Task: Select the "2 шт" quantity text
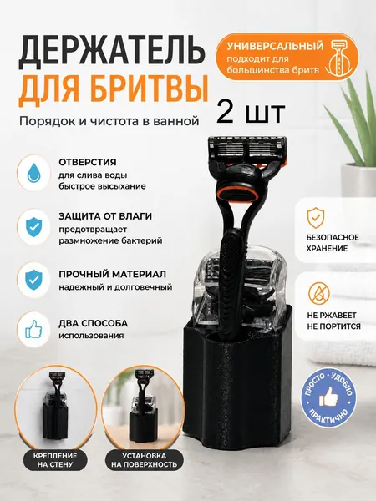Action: (x=251, y=113)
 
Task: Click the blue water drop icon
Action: (x=33, y=173)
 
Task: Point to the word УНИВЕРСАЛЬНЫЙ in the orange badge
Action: (x=275, y=46)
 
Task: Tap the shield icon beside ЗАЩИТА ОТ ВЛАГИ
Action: (x=33, y=226)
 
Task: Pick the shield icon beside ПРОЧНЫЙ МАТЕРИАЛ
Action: (x=33, y=280)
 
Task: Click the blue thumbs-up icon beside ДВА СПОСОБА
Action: (x=33, y=330)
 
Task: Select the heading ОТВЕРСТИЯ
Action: (x=87, y=162)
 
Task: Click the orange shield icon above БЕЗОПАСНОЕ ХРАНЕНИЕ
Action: (x=316, y=217)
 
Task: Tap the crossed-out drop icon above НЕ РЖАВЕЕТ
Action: (x=319, y=293)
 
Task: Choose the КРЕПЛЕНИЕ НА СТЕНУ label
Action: (x=55, y=460)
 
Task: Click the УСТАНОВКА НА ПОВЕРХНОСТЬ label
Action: (x=145, y=460)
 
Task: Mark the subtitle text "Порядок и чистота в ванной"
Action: (x=109, y=121)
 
